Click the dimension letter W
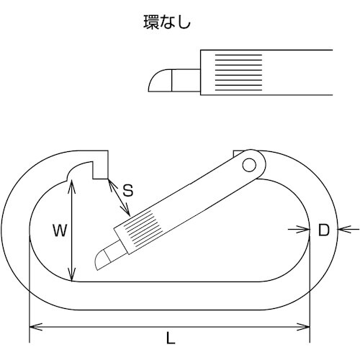click(60, 231)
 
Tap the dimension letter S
click(127, 191)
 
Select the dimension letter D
click(323, 230)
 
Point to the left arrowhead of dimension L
click(32, 327)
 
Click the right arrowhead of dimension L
click(307, 327)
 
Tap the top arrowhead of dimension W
click(72, 184)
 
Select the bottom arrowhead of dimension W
click(72, 276)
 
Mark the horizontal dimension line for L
click(216, 327)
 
